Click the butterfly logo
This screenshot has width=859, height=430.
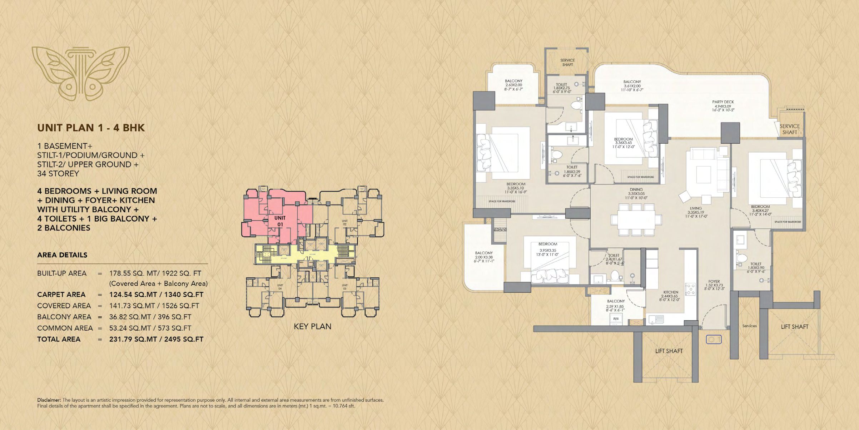(80, 73)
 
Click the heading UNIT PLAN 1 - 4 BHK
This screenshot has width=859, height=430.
(91, 128)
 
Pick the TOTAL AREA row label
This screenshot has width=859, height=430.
(59, 339)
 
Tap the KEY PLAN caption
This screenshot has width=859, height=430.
(312, 326)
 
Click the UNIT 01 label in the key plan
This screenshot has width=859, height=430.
(280, 221)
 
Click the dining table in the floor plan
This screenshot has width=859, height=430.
(636, 219)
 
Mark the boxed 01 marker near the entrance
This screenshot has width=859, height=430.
(714, 339)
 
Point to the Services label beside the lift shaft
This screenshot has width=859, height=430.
(749, 326)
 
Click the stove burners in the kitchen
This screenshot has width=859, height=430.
(690, 289)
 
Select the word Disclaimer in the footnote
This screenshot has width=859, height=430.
(49, 400)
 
